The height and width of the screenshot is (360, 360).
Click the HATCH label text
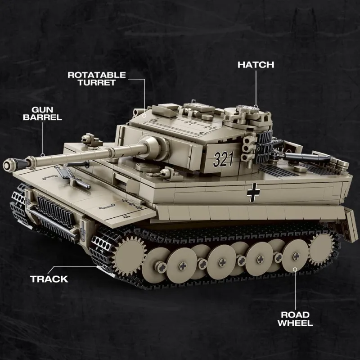click(256, 65)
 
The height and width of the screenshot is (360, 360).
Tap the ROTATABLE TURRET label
click(97, 79)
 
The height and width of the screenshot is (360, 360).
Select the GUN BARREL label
click(42, 113)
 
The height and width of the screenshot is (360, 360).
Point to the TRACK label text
click(49, 279)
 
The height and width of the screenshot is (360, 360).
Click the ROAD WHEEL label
click(295, 319)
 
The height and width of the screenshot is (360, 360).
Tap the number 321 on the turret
click(223, 159)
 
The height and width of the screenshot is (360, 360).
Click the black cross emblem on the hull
click(253, 193)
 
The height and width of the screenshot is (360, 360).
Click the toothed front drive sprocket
click(129, 256)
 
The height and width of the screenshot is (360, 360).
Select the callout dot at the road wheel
click(295, 269)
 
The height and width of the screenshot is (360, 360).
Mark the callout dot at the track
click(104, 266)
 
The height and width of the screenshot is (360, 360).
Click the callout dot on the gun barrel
click(42, 155)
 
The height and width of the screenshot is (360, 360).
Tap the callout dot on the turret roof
click(144, 115)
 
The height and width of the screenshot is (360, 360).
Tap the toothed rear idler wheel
click(321, 250)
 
